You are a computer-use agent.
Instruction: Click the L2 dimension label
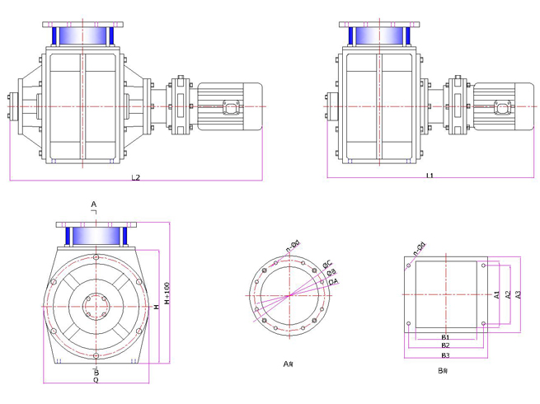point(136,177)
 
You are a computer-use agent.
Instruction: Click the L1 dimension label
point(430,176)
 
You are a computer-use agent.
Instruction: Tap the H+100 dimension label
point(167,294)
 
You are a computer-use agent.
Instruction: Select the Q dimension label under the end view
point(96,380)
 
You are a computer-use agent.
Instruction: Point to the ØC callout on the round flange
point(327,264)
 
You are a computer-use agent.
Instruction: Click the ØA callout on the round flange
point(333,282)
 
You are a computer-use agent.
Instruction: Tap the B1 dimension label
point(445,337)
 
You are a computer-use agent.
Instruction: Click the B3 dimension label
point(445,355)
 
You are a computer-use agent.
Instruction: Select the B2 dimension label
point(445,345)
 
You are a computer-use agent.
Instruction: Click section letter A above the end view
point(94,204)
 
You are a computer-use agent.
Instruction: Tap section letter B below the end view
point(96,372)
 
